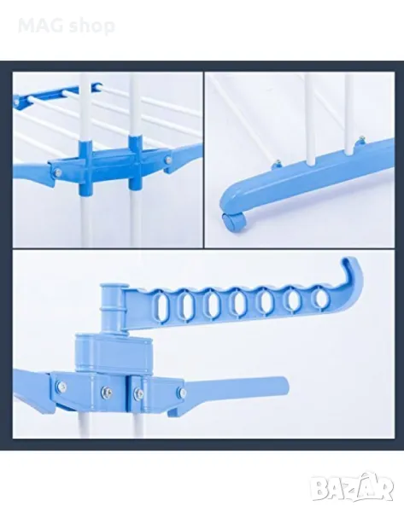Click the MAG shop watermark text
[67, 26]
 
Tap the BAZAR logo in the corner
[352, 488]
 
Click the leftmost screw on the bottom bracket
[61, 387]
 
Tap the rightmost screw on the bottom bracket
[182, 393]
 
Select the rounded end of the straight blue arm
[283, 385]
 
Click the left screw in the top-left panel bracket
[57, 170]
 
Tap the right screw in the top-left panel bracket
[168, 160]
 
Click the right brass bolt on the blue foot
[361, 139]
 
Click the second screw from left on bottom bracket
[106, 390]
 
